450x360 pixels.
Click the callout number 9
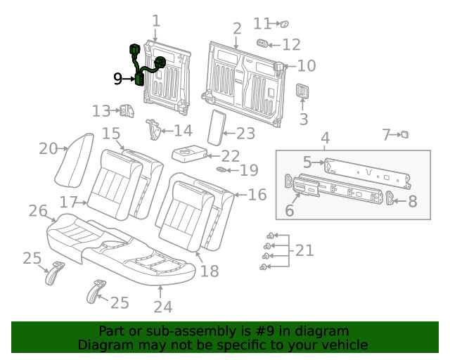(118, 79)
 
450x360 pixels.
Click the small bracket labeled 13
(127, 110)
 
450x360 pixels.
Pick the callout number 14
(183, 130)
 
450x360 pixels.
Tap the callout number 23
(245, 133)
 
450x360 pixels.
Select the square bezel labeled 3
(303, 92)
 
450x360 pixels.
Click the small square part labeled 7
(404, 134)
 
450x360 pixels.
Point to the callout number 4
(325, 136)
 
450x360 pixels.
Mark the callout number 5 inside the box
(307, 162)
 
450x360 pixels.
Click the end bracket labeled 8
(392, 200)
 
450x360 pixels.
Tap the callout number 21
(304, 250)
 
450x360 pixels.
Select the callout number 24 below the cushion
(163, 307)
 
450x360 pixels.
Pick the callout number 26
(37, 210)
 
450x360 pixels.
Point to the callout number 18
(210, 271)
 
